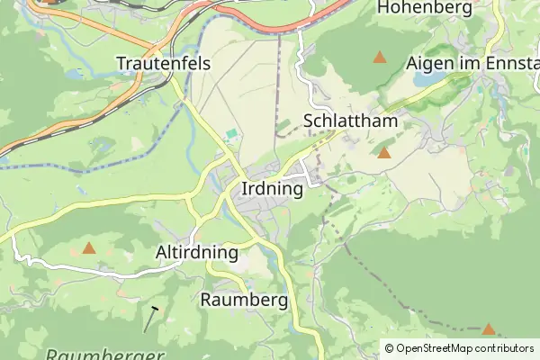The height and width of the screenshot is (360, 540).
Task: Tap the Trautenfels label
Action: [164, 63]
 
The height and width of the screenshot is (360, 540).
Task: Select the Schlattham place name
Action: [351, 121]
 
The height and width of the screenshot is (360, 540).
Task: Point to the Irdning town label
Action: [272, 190]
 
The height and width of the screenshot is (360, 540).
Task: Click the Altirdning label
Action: [197, 252]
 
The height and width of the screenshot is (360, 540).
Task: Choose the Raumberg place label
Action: [245, 300]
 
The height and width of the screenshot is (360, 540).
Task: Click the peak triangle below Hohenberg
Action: [380, 58]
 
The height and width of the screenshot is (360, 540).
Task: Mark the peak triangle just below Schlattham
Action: [384, 153]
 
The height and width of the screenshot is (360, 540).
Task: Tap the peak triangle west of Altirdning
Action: [88, 247]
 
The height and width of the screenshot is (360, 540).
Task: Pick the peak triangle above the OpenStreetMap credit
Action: [488, 329]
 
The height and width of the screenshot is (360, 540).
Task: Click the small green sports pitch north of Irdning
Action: [232, 135]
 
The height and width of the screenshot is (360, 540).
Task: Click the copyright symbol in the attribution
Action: [390, 348]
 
